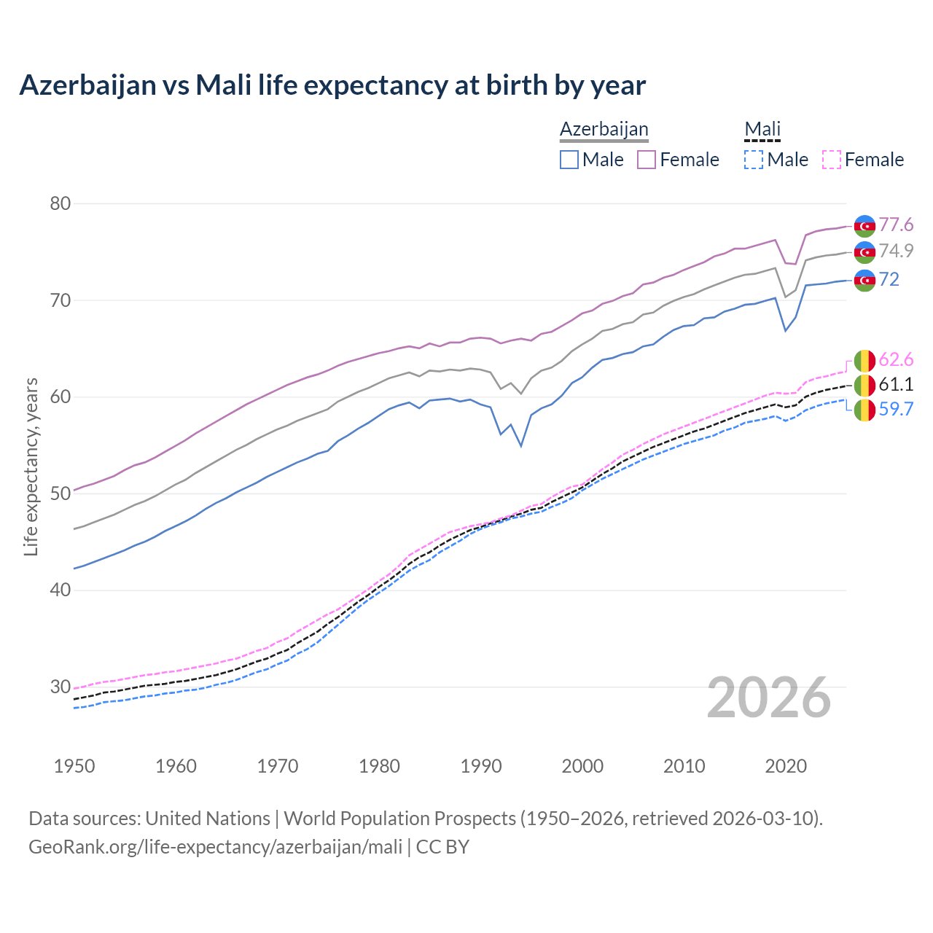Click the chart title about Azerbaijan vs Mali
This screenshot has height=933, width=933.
point(332,85)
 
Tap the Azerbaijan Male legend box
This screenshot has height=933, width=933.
point(569,160)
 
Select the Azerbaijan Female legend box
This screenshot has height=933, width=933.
point(647,160)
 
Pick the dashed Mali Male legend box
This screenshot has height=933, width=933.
point(754,160)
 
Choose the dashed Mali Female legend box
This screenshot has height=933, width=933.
point(832,160)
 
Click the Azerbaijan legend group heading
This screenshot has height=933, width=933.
point(604,129)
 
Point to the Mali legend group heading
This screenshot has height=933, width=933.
point(762,129)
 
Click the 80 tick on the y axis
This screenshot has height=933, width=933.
point(60,203)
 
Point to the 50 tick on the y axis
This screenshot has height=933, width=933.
point(60,493)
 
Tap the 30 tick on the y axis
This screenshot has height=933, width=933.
point(60,687)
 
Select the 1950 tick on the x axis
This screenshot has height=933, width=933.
point(75,766)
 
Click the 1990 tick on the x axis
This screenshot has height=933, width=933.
point(481,766)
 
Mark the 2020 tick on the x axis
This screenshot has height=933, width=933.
point(786,766)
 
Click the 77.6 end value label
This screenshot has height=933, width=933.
point(896,225)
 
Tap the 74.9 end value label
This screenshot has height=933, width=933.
point(896,251)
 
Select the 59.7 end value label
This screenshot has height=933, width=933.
point(896,409)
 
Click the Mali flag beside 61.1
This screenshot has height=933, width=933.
point(864,385)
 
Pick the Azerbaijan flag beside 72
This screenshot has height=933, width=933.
point(864,280)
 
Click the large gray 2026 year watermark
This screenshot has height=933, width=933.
point(769,698)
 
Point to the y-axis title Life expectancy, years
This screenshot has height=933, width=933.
point(31,466)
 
